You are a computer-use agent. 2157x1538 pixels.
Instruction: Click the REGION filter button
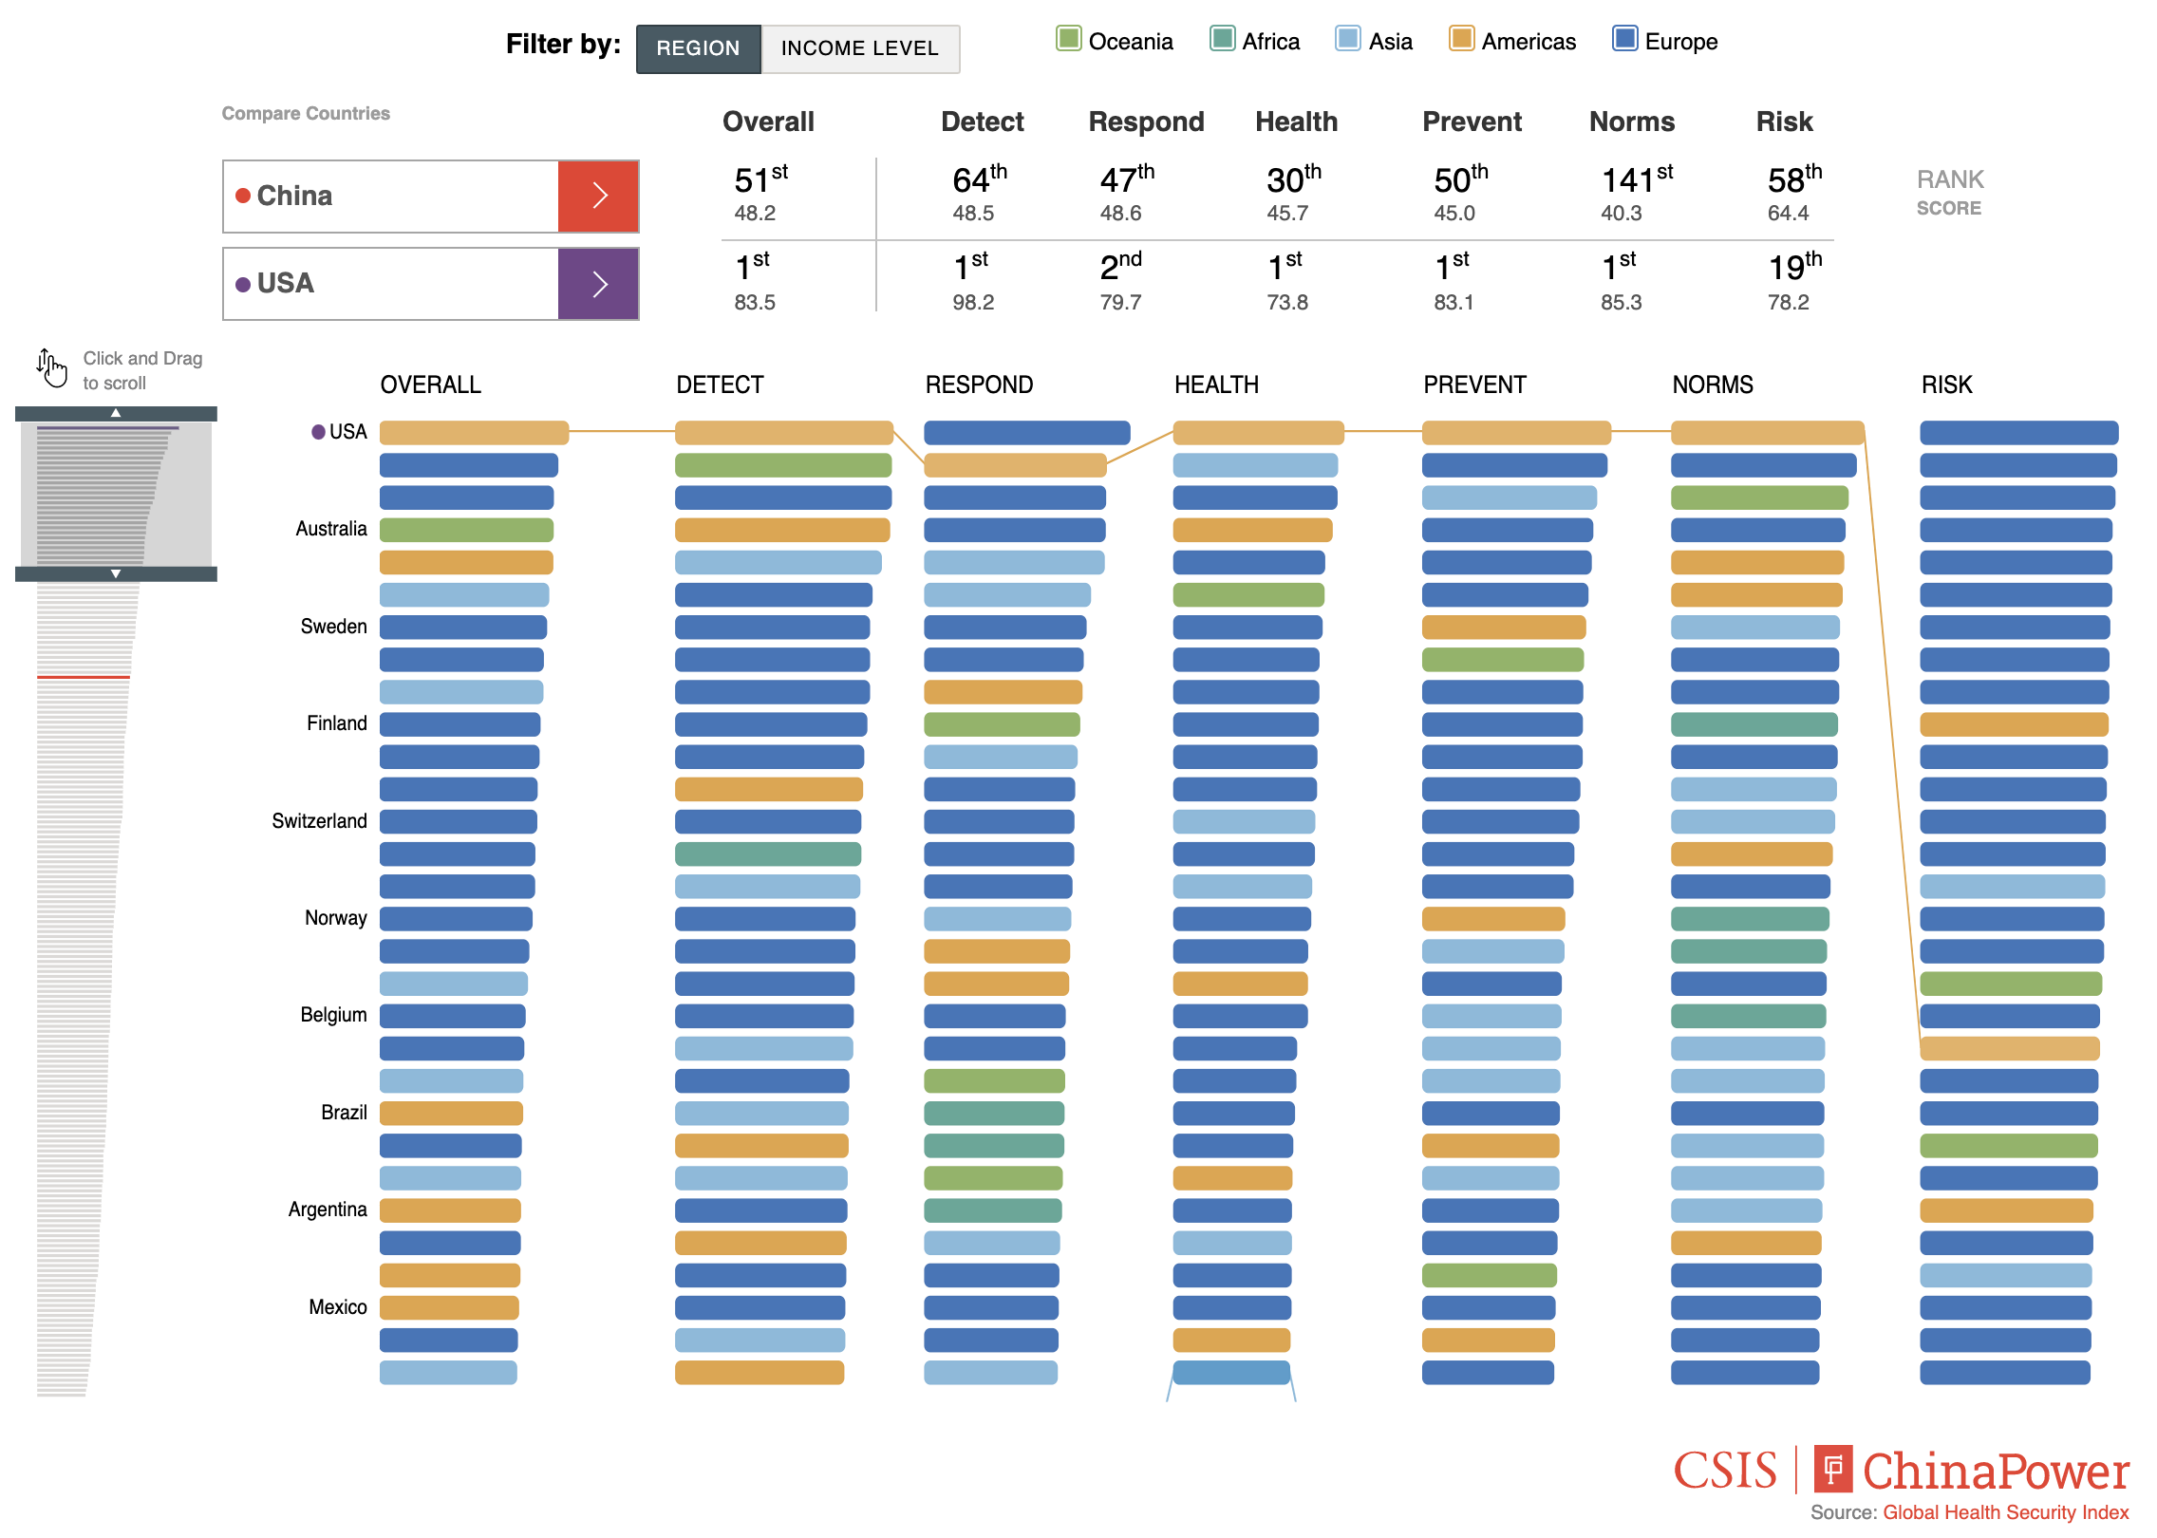pos(698,48)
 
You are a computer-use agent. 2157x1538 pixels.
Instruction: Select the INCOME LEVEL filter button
pos(859,48)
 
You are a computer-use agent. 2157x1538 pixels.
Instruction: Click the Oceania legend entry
pos(1116,41)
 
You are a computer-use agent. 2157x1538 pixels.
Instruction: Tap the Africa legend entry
pos(1255,41)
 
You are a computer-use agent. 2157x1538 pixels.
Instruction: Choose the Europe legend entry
pos(1665,41)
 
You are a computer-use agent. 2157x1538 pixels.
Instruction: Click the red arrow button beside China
pos(598,196)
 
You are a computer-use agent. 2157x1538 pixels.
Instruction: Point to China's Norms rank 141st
pos(1635,180)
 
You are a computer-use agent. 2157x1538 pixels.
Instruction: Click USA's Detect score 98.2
pos(973,302)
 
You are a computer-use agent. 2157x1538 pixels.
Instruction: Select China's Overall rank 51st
pos(760,180)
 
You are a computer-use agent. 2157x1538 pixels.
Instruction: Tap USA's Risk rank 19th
pos(1793,268)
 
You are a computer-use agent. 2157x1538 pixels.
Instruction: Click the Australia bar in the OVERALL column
pos(465,530)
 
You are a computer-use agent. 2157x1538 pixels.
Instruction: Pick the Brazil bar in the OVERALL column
pos(451,1113)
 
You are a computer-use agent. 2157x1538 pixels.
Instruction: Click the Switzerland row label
pos(319,820)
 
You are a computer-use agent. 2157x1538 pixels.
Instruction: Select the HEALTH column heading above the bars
pos(1216,384)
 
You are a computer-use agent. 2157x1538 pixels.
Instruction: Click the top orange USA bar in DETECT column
pos(783,433)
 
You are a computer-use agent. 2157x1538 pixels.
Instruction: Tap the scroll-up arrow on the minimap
pos(116,413)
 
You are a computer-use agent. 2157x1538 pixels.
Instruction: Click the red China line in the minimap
pos(84,677)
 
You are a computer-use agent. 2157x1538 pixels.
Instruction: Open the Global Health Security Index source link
pos(2005,1512)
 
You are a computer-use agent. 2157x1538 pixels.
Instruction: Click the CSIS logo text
pos(1724,1471)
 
